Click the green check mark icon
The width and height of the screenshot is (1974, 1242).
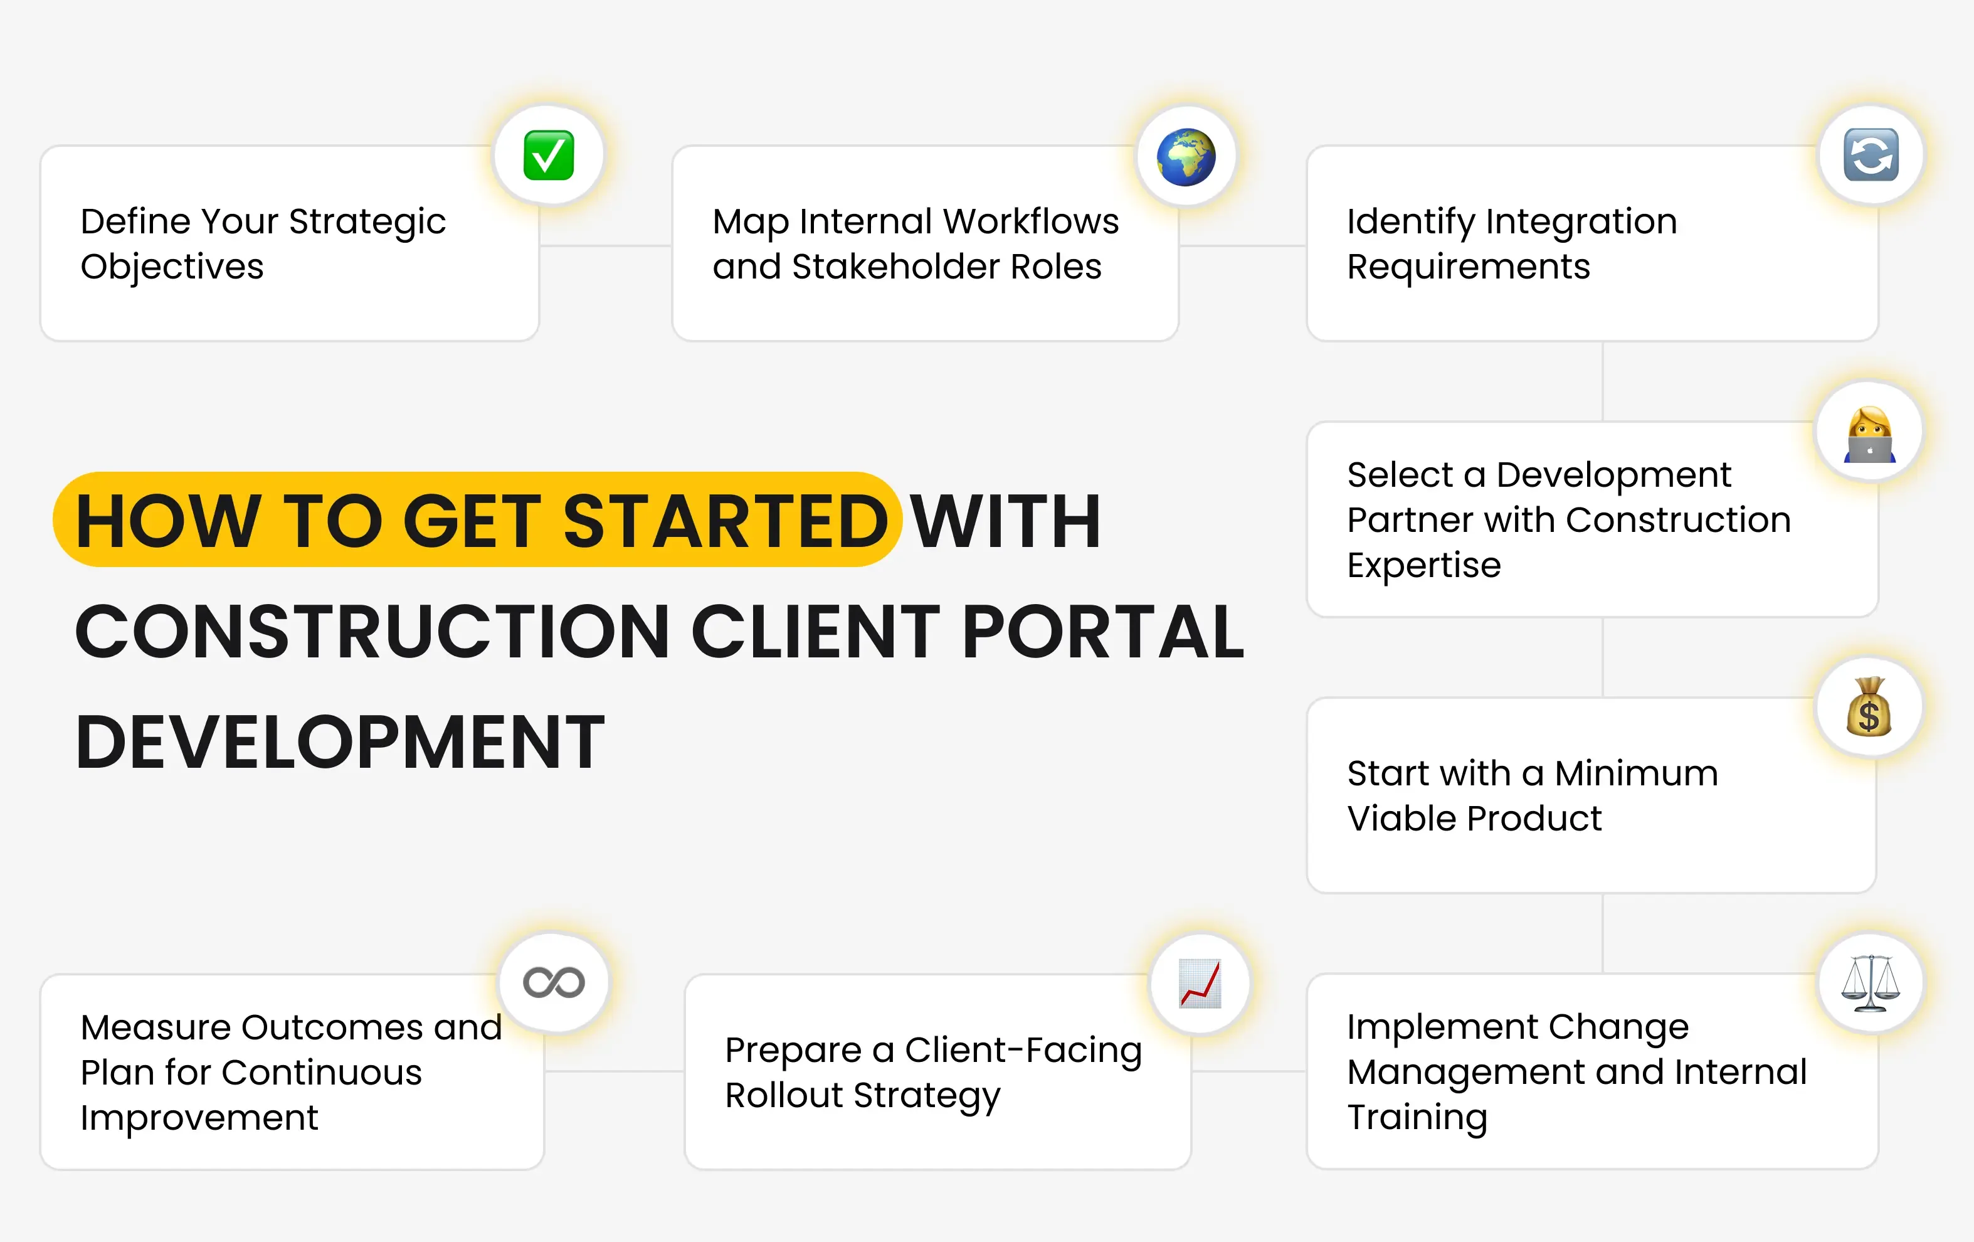(x=549, y=155)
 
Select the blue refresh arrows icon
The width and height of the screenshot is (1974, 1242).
(x=1871, y=155)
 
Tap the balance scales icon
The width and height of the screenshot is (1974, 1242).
(x=1870, y=982)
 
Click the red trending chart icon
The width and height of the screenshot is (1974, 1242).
(x=1200, y=983)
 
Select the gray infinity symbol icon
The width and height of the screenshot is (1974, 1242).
(x=554, y=982)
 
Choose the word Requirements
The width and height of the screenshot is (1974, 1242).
(x=1468, y=267)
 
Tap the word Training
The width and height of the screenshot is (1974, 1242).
(x=1417, y=1117)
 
